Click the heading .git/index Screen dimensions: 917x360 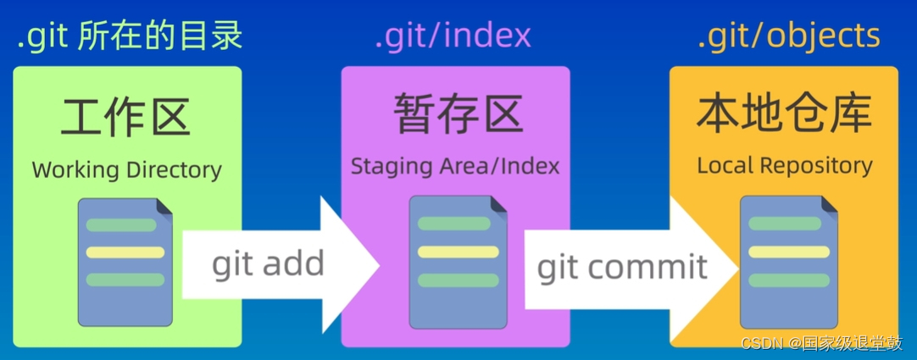click(x=453, y=35)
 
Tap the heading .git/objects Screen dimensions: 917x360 click(x=788, y=35)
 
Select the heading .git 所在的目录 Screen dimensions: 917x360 click(x=130, y=35)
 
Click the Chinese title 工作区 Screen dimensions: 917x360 click(x=126, y=116)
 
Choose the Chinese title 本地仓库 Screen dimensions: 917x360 click(x=784, y=114)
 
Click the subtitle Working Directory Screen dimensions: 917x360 click(x=126, y=169)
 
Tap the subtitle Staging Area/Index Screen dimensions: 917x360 click(x=455, y=165)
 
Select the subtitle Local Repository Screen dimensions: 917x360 click(x=784, y=165)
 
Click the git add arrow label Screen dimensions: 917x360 click(x=268, y=263)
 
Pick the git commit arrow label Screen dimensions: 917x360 click(x=622, y=267)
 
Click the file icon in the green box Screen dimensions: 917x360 click(x=125, y=263)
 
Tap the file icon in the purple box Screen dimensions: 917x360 click(x=455, y=263)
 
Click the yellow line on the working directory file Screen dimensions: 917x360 click(x=125, y=252)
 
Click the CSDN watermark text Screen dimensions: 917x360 click(x=821, y=342)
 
